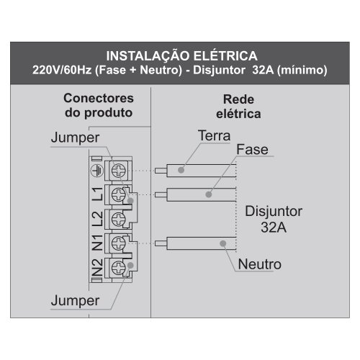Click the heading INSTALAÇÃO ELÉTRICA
(x=181, y=55)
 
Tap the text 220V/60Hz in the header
(x=62, y=70)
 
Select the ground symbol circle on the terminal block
(x=97, y=171)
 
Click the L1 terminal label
(x=98, y=194)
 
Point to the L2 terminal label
(x=98, y=219)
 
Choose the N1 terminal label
(x=98, y=243)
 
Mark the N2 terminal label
(x=98, y=267)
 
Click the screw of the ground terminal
(x=119, y=171)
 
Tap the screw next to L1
(x=119, y=194)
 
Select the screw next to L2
(x=119, y=219)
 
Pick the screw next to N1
(x=119, y=243)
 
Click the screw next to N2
(x=119, y=267)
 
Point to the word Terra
(x=214, y=135)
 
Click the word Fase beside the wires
(x=252, y=150)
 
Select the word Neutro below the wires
(x=260, y=264)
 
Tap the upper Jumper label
(x=75, y=138)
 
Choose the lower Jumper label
(x=75, y=301)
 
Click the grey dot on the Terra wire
(x=181, y=170)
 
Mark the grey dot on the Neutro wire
(x=223, y=243)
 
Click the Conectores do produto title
(x=99, y=106)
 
